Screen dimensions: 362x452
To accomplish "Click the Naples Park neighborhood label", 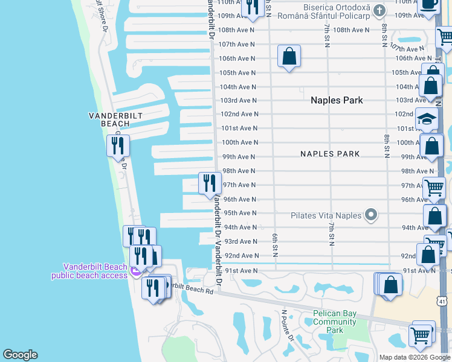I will pos(337,100).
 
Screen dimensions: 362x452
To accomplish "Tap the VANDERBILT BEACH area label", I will pos(109,119).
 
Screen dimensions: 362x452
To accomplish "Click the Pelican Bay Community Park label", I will pos(334,322).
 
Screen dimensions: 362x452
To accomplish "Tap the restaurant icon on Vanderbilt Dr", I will pos(210,183).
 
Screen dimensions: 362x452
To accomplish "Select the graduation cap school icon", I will pos(426,119).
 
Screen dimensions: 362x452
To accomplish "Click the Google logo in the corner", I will pos(20,355).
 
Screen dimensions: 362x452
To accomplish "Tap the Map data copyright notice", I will pos(414,357).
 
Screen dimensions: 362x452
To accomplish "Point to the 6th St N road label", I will pos(274,244).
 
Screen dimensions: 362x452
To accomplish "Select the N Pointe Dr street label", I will pos(287,326).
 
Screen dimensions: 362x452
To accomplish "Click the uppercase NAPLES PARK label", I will pos(330,154).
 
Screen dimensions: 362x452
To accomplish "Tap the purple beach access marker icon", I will pos(136,271).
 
